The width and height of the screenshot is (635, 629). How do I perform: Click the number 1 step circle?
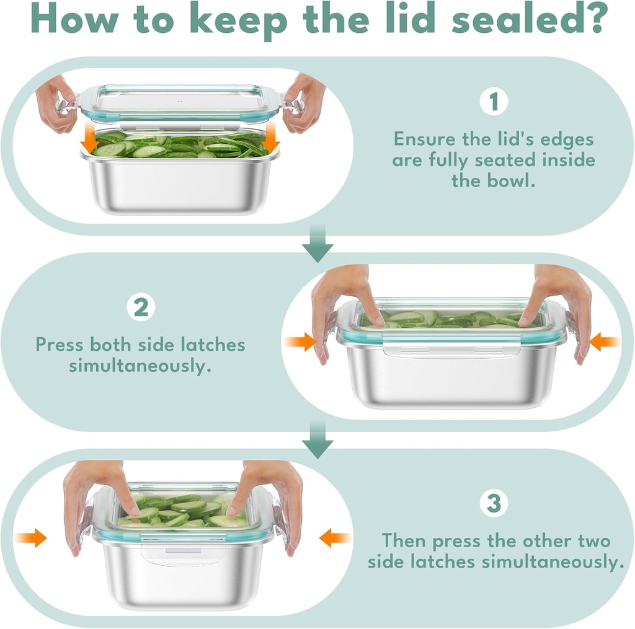[x=494, y=102]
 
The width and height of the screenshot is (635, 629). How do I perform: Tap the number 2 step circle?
[x=141, y=307]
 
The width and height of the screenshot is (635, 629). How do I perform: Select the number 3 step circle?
[x=494, y=503]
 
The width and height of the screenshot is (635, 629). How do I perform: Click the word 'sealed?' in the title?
[x=530, y=19]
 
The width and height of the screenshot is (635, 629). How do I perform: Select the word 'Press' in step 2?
[x=60, y=345]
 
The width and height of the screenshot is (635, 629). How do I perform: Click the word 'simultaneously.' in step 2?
[x=140, y=366]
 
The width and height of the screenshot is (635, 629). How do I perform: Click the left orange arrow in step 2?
[x=300, y=342]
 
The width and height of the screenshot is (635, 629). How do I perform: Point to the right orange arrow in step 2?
[x=605, y=342]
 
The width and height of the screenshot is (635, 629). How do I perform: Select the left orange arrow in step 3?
[x=31, y=538]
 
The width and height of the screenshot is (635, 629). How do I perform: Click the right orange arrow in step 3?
[x=334, y=538]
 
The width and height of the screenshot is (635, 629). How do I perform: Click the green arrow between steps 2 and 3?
[x=318, y=439]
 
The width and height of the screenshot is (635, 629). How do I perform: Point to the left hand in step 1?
[x=56, y=103]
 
